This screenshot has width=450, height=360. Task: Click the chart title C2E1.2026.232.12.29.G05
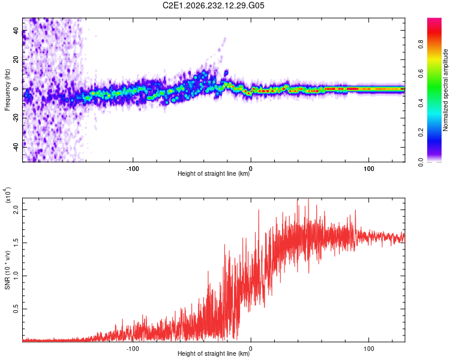coord(213,5)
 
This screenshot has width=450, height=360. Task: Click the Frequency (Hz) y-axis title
coord(7,90)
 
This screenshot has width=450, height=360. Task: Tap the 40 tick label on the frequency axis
coord(16,30)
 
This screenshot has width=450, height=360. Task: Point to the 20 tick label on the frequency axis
coord(16,59)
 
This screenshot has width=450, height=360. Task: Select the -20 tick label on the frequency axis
coord(16,118)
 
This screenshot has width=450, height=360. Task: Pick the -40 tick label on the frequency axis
coord(16,147)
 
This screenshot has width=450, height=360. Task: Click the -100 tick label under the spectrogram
coord(133,169)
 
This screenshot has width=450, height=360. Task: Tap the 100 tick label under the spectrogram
coord(369,169)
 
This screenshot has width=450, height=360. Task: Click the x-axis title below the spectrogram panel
coord(214,173)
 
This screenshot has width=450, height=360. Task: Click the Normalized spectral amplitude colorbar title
coord(445,90)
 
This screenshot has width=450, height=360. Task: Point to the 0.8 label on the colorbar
coord(421,44)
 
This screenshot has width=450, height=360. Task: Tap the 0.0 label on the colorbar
coord(421,162)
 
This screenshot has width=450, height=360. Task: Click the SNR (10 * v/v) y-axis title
coord(7,270)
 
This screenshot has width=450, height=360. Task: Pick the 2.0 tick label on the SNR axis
coord(16,209)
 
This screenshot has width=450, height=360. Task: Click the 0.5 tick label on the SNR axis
coord(16,309)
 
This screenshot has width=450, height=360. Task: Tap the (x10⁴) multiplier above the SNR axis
coord(8,195)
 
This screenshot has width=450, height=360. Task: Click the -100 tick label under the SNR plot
coord(133,349)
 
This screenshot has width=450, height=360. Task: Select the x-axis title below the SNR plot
coord(214,353)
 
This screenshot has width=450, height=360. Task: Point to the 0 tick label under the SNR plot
coord(251,349)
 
